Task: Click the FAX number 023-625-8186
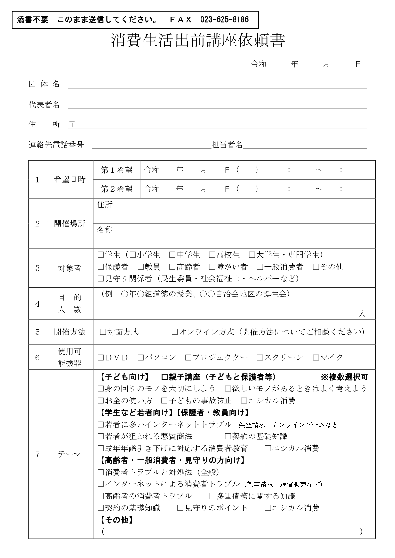pyautogui.click(x=224, y=20)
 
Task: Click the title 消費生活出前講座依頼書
pyautogui.click(x=198, y=41)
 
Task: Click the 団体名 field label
pyautogui.click(x=44, y=84)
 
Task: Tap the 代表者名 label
pyautogui.click(x=44, y=105)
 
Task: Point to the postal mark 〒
pyautogui.click(x=72, y=124)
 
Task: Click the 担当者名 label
pyautogui.click(x=227, y=145)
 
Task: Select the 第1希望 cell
pyautogui.click(x=116, y=170)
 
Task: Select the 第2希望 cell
pyautogui.click(x=116, y=189)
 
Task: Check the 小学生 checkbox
pyautogui.click(x=133, y=255)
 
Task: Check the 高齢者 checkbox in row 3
pyautogui.click(x=172, y=267)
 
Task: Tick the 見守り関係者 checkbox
pyautogui.click(x=101, y=279)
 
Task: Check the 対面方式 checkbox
pyautogui.click(x=103, y=332)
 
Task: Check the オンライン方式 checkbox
pyautogui.click(x=174, y=332)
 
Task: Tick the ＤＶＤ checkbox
pyautogui.click(x=101, y=358)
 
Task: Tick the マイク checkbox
pyautogui.click(x=316, y=358)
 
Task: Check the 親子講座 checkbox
pyautogui.click(x=165, y=377)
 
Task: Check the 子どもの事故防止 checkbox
pyautogui.click(x=164, y=401)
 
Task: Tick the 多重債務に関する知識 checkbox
pyautogui.click(x=212, y=496)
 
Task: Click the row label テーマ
pyautogui.click(x=69, y=455)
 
